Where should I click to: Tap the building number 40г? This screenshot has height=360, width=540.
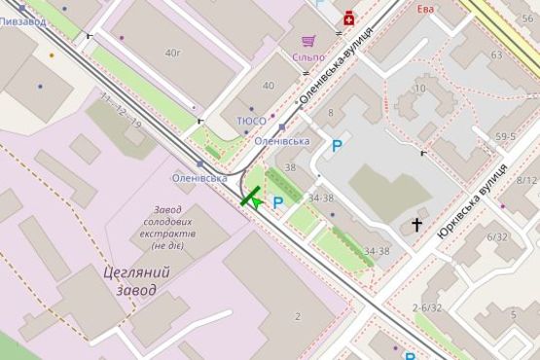tap(173, 53)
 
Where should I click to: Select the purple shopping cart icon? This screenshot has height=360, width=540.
tap(308, 41)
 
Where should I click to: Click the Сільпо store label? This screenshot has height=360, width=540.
tap(308, 57)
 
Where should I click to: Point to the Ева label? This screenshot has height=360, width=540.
tap(424, 8)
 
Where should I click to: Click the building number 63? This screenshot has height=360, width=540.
tap(497, 55)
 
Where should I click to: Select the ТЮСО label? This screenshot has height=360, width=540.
tap(251, 120)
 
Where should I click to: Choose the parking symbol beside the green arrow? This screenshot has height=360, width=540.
tap(278, 202)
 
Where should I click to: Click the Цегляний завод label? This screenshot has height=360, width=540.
tap(136, 280)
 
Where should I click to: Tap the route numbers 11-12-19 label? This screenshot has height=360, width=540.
tap(121, 111)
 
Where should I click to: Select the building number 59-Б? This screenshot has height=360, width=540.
tap(505, 137)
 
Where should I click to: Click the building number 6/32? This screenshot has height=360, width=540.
tap(497, 236)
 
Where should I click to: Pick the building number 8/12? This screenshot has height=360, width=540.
tap(526, 180)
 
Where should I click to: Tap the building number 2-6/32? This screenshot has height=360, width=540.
tap(427, 307)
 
